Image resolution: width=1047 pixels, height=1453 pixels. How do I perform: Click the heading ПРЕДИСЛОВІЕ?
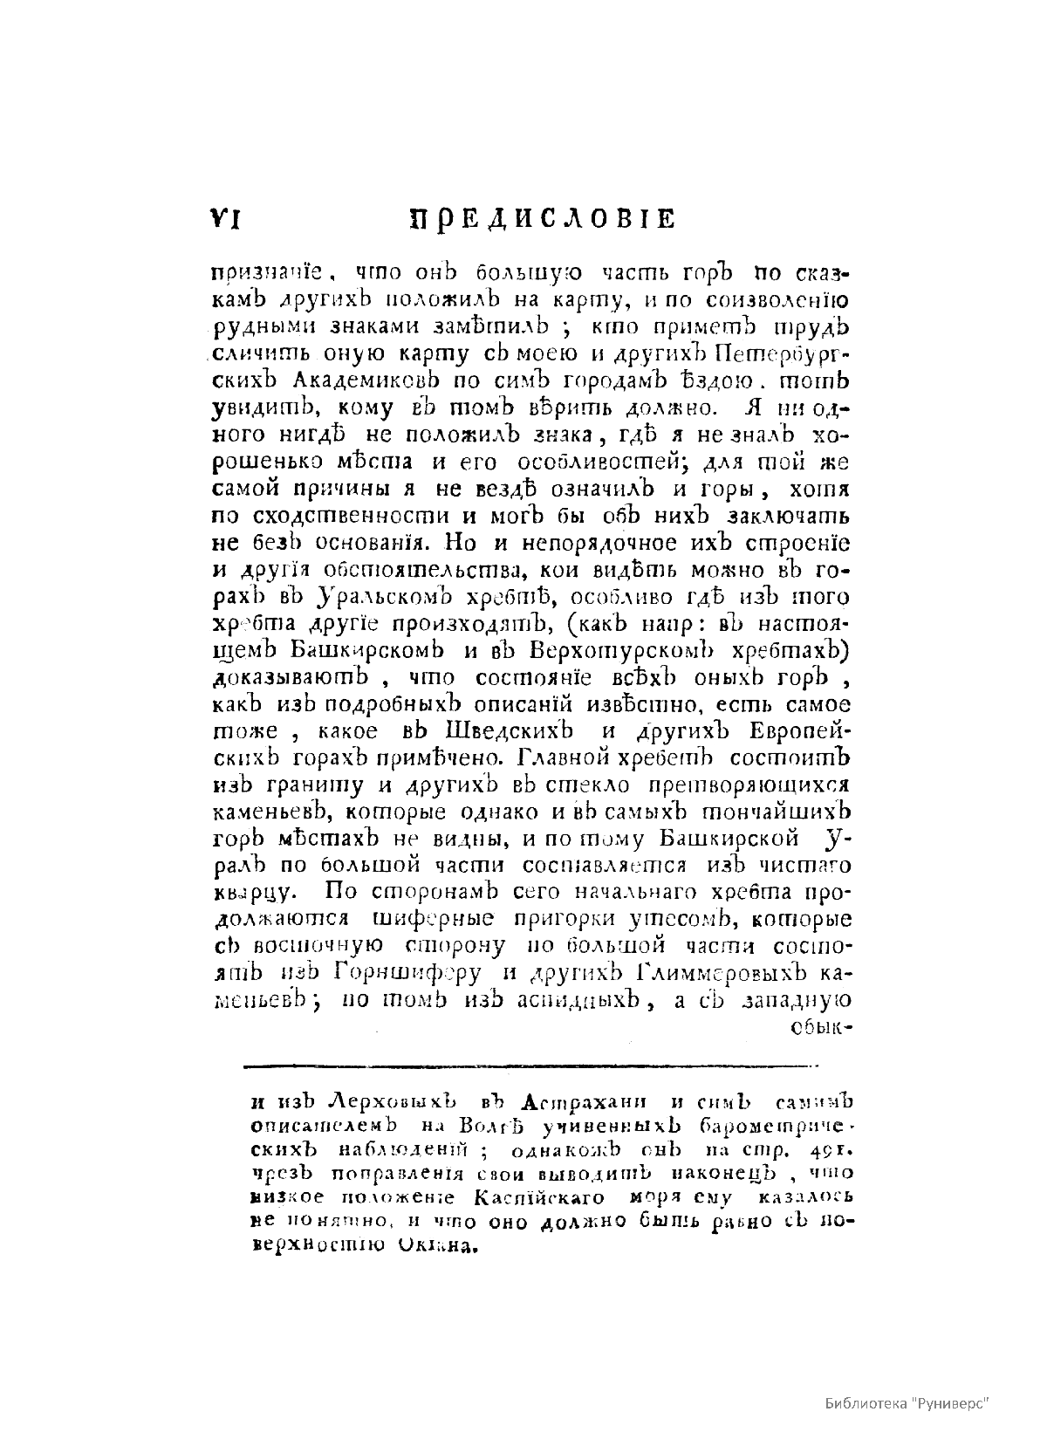(542, 218)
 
